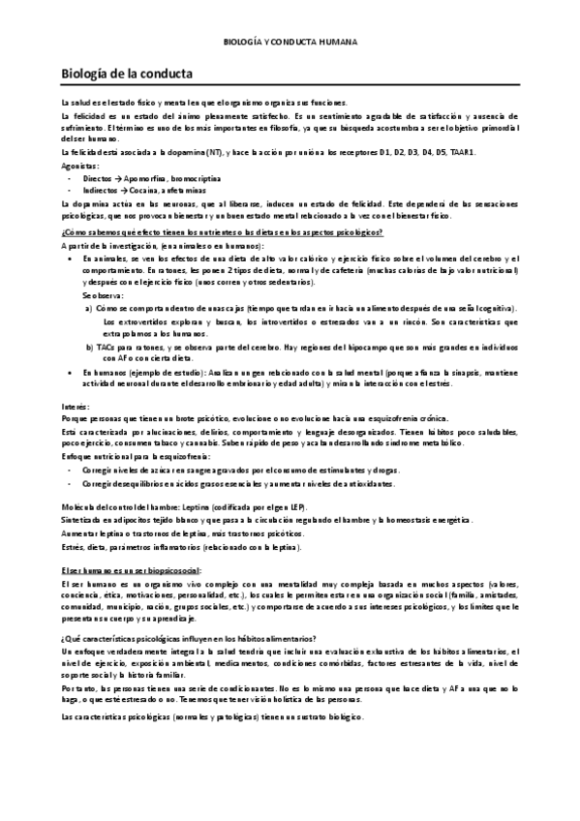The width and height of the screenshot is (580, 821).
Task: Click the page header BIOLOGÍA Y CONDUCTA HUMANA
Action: point(290,43)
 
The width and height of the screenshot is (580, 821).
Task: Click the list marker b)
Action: point(89,346)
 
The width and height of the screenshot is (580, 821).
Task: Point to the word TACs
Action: point(108,346)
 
